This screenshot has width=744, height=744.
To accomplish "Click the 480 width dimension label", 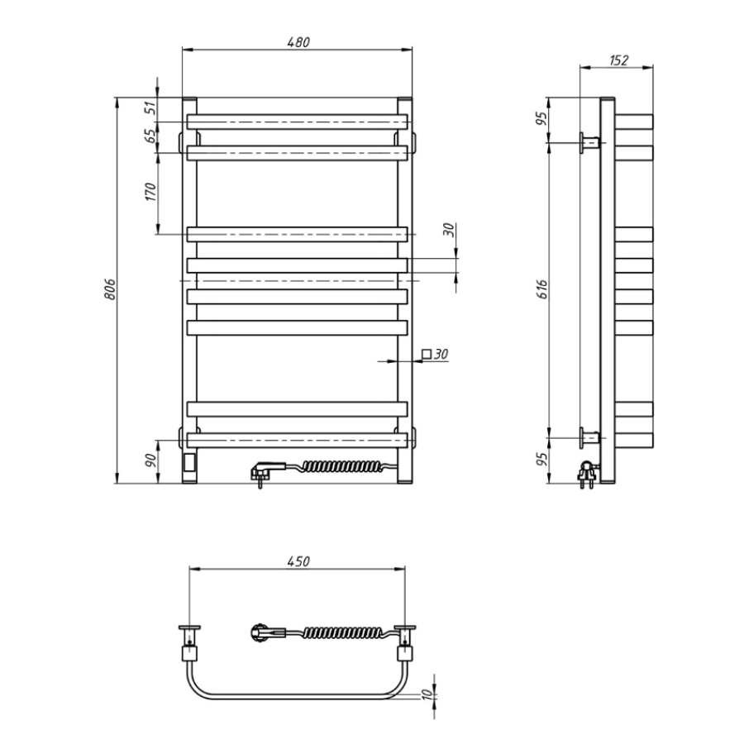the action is point(298,42).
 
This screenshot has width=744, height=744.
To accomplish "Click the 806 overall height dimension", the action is point(110,289).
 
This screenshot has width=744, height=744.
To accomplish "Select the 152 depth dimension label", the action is point(618,60).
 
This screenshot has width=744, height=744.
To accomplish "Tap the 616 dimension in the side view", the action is point(541,289).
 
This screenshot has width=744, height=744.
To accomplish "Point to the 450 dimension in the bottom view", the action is point(298,561).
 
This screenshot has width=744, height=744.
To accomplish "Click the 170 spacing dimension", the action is point(150,192).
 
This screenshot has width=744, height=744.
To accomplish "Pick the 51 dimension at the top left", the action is point(150,108).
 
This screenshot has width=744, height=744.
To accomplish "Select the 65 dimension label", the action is point(150,136).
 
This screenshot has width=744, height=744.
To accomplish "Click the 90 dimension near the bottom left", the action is point(150,460).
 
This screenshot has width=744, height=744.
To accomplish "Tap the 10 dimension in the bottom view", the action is point(427,694).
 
